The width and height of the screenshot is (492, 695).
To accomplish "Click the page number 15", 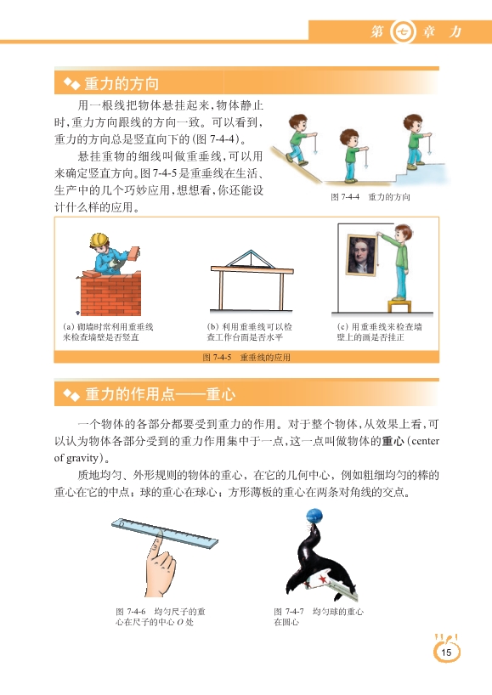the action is point(446,652).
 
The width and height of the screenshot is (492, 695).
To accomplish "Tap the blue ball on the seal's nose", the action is point(314,517).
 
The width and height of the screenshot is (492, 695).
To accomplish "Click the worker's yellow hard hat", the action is point(99,240).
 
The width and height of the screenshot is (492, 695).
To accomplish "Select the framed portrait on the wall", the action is point(362,255).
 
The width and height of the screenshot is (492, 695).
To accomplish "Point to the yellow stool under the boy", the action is point(399,305).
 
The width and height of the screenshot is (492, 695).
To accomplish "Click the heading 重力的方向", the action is point(122,83).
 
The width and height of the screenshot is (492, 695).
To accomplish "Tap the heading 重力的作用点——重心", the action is point(160,394).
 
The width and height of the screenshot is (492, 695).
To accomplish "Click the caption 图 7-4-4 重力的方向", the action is point(370,197).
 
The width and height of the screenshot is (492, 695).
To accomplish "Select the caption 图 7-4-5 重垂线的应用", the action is point(246,357).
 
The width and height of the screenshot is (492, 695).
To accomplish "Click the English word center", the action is point(426,441).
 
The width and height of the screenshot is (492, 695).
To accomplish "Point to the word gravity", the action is point(82,458).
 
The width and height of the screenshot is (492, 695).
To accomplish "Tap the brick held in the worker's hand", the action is point(133,253).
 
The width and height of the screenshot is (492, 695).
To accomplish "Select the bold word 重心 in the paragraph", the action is point(393,441).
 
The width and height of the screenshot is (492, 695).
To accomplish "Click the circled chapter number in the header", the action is point(403,32).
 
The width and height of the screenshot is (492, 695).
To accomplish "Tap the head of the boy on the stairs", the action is point(413,122).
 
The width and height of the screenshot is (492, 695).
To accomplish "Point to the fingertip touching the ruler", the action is point(156,539).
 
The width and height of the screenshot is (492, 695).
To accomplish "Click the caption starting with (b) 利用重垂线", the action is point(250,332).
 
